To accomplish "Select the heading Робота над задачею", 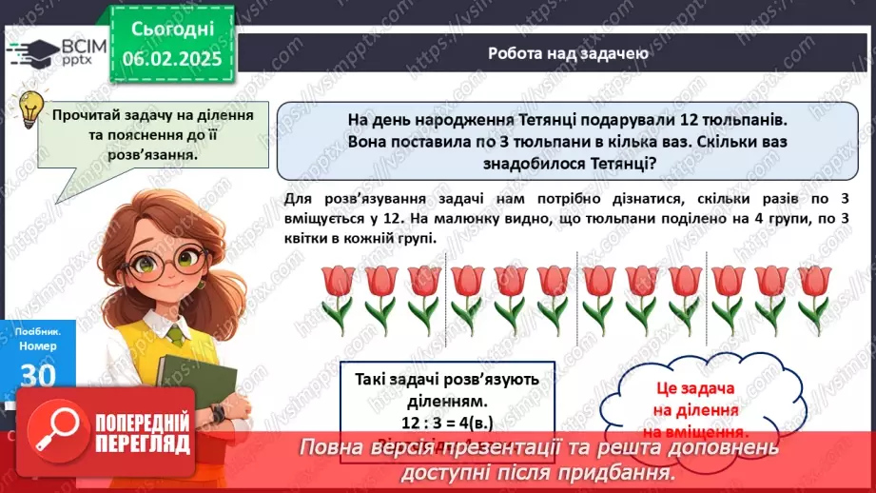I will pyautogui.click(x=568, y=53).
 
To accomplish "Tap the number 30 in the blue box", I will pyautogui.click(x=39, y=375).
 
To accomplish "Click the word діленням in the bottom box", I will pyautogui.click(x=446, y=400).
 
